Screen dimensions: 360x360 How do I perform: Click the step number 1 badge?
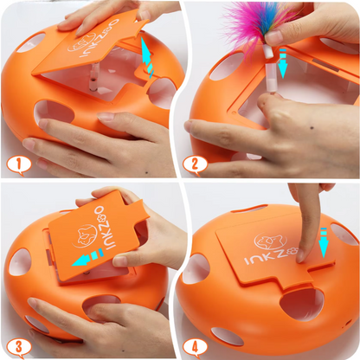point(18,165)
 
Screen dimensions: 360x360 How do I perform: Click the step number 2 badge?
point(195,165)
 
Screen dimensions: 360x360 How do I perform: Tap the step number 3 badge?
point(18,347)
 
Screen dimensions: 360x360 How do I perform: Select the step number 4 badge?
point(195,347)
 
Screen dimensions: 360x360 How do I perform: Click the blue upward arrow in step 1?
point(147,57)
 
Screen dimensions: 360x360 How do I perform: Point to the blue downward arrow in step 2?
point(282,63)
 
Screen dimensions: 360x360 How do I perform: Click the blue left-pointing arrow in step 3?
point(88,257)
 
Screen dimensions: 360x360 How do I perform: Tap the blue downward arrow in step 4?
point(324,243)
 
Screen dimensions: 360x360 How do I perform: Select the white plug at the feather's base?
point(268,52)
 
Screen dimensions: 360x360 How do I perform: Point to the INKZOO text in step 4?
point(271,255)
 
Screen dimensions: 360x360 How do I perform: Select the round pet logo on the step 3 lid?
point(83,236)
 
